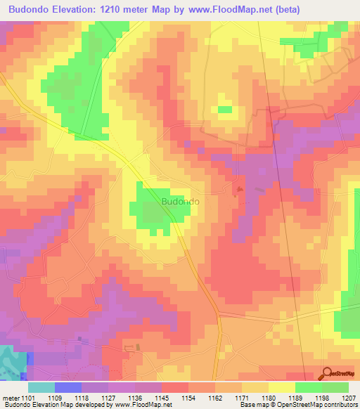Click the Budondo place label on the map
tap(180, 202)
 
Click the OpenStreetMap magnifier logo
tap(328, 374)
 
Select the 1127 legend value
tap(110, 397)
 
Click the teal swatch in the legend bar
tap(41, 387)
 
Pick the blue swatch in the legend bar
tap(67, 387)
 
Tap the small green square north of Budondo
tap(225, 110)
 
